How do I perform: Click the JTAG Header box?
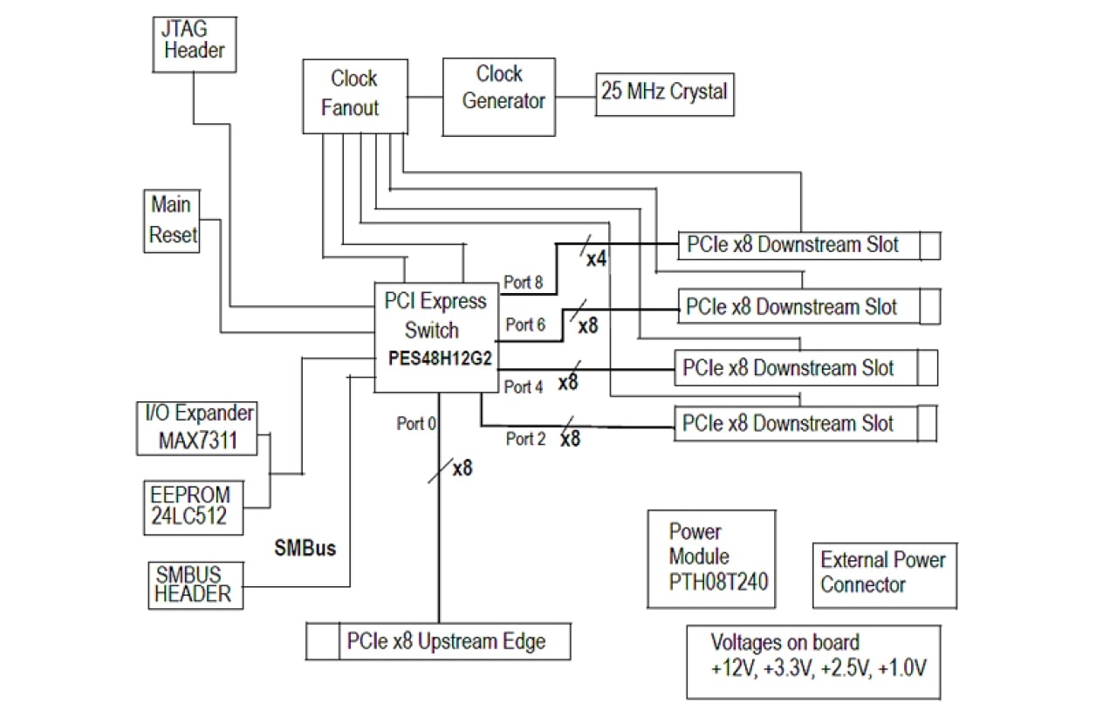(x=194, y=41)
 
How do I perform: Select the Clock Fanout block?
(x=353, y=93)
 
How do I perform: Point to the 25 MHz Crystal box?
(x=664, y=92)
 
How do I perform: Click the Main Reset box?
(x=172, y=222)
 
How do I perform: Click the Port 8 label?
(x=524, y=282)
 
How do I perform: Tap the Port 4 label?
(x=525, y=386)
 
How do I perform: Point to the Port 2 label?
(x=525, y=439)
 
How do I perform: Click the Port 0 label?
(x=416, y=423)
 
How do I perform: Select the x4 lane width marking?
(x=596, y=258)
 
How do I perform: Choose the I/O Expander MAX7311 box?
(x=199, y=427)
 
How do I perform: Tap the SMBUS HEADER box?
(x=194, y=584)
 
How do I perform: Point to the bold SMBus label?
(x=305, y=550)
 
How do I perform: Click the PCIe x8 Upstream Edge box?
(x=440, y=642)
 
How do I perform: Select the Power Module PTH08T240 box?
(x=711, y=558)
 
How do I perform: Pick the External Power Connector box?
(x=881, y=572)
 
